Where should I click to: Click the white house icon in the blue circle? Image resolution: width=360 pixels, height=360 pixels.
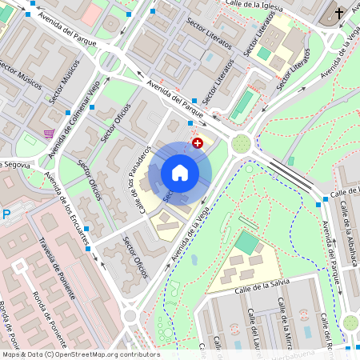(x=180, y=172)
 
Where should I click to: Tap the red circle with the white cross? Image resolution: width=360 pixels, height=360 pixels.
(x=198, y=142)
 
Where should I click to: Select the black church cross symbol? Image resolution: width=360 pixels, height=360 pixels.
(x=338, y=14)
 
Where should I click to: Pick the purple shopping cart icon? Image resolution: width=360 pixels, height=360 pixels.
(x=50, y=134)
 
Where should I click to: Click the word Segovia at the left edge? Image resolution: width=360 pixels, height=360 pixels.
(x=18, y=164)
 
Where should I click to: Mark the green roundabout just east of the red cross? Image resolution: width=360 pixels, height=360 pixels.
(x=241, y=144)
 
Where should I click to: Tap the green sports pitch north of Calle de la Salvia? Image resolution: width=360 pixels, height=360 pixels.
(x=248, y=241)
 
